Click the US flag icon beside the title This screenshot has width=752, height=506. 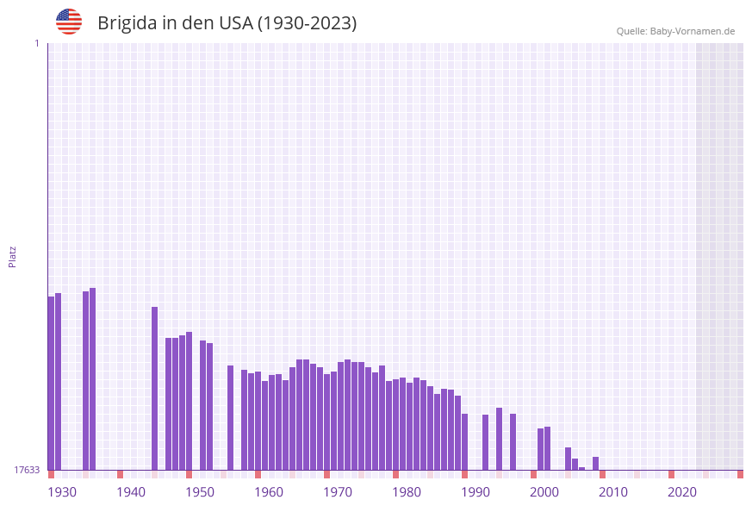(x=69, y=22)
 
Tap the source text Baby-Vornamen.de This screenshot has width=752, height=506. (x=693, y=31)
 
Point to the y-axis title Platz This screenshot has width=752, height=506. (x=12, y=256)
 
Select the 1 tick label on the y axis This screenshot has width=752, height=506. (x=36, y=43)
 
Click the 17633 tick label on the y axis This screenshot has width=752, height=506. (x=26, y=470)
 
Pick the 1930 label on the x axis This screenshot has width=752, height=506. (x=62, y=492)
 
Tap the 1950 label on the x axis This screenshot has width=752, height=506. (x=200, y=492)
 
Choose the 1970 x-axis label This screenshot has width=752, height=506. (x=338, y=492)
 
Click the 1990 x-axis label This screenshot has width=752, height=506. (x=475, y=492)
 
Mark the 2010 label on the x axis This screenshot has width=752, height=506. (x=613, y=492)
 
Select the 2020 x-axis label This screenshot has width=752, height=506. (x=682, y=492)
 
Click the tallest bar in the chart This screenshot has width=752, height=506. (x=93, y=379)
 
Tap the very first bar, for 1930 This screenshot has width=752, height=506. (x=52, y=384)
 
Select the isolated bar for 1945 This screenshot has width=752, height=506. (x=155, y=388)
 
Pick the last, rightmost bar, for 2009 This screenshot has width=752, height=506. (x=596, y=464)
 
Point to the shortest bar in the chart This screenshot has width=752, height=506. (x=582, y=468)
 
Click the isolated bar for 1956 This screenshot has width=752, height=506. (x=231, y=418)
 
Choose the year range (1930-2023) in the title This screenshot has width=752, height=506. (x=307, y=23)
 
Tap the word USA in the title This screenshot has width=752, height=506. (x=236, y=23)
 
